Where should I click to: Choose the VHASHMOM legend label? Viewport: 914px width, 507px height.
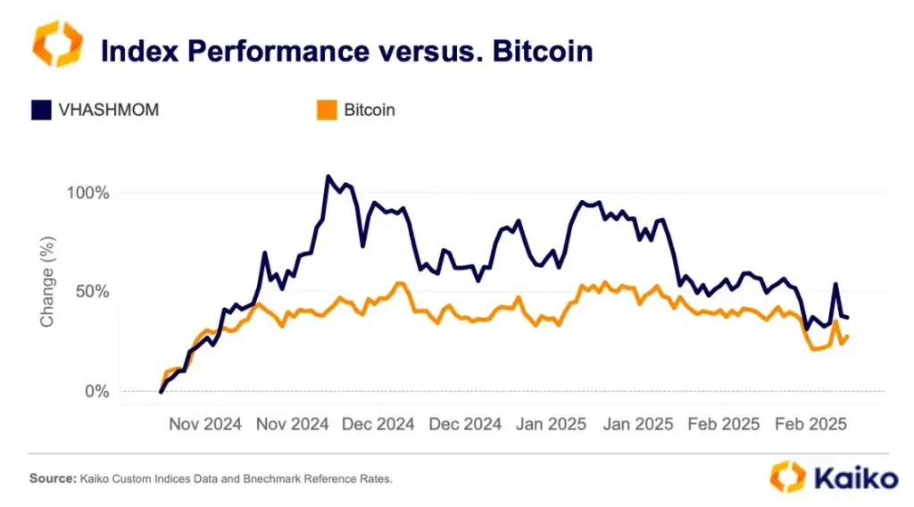tap(109, 111)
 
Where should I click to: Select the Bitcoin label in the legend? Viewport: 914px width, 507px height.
tap(370, 111)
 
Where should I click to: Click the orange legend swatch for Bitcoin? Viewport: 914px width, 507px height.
tap(328, 111)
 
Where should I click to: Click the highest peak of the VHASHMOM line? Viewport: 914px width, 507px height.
tap(328, 177)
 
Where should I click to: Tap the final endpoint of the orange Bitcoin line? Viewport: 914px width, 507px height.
tap(847, 337)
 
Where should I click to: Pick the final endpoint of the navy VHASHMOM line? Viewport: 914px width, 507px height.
tap(847, 318)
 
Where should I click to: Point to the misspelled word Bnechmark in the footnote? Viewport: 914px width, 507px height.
tap(264, 479)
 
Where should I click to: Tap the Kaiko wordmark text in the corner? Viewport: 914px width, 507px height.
tap(854, 478)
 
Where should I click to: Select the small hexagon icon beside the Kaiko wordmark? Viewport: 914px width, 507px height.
tap(787, 477)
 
